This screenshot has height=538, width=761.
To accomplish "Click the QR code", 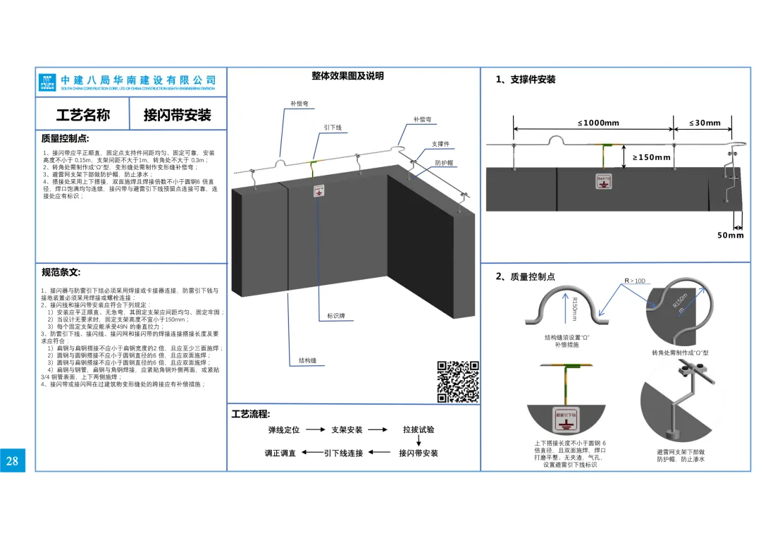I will pos(459,381).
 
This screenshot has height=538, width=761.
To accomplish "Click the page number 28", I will pos(12,461).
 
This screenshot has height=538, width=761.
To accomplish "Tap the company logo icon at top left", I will pos(47,82).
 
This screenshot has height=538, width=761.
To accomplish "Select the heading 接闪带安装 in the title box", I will pos(178,115).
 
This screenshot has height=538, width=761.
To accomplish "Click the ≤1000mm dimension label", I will pos(598,123).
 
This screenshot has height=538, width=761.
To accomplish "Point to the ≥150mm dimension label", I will pos(651,157).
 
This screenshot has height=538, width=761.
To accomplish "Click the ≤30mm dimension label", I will pos(705,123).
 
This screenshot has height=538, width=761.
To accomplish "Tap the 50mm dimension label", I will pos(731,236).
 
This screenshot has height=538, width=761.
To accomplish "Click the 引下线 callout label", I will pos(333,128).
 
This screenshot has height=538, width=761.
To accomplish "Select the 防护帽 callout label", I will pos(444,163).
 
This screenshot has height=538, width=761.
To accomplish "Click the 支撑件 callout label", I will pos(440,145).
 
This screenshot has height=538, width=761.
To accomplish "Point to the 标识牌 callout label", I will pos(336,316).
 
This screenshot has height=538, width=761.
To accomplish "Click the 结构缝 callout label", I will pos(307,360).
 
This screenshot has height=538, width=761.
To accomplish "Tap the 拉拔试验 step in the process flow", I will pos(419,429).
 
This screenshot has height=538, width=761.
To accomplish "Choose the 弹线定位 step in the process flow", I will pos(284,429).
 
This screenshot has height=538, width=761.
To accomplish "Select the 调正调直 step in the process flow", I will pos(280,453).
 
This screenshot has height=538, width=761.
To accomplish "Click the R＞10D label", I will pos(634,281).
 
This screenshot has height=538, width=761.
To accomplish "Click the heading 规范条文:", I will pos(61,272).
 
